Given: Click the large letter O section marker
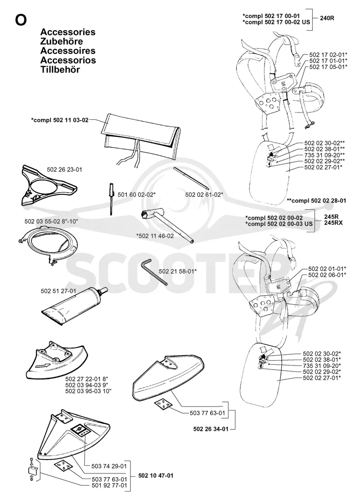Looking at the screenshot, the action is click(21, 20).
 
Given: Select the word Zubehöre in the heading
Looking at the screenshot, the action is click(62, 41).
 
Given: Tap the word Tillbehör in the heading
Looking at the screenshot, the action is click(60, 70).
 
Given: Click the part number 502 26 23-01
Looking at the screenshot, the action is click(64, 170).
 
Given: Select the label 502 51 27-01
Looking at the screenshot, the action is click(58, 291).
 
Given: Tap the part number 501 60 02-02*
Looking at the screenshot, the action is click(137, 194).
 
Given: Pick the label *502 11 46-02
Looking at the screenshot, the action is click(155, 236).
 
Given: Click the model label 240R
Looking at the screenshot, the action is click(327, 18).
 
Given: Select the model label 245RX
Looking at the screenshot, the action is click(333, 223).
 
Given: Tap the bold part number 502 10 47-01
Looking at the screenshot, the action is click(156, 476).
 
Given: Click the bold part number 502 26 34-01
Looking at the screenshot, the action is click(211, 429).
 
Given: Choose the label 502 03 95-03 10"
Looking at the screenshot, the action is click(88, 391).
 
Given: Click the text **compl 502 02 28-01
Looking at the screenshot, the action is click(316, 201).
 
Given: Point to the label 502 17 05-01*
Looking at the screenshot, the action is click(328, 67).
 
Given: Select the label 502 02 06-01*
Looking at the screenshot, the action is click(327, 275).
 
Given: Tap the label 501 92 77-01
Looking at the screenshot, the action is click(109, 486).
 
